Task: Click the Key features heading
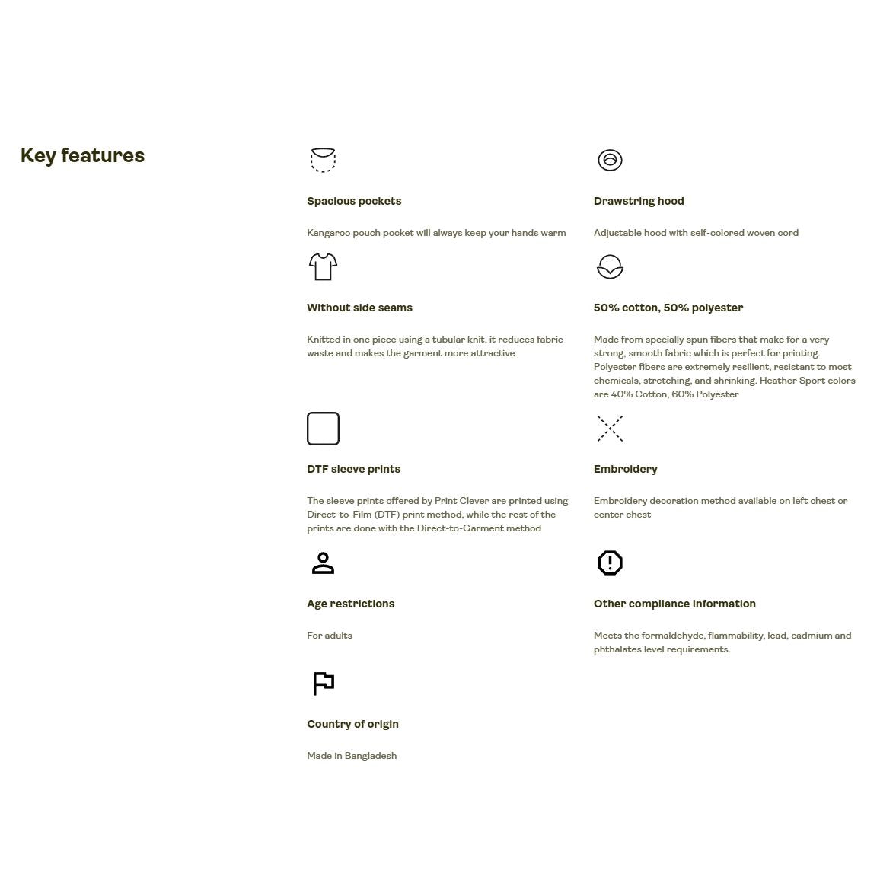[82, 155]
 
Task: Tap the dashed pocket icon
[323, 160]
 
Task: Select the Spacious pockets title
[354, 201]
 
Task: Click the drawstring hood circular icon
[610, 160]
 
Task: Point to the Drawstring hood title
[639, 201]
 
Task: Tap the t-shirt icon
[323, 266]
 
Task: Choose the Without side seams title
[359, 308]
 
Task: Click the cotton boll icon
[610, 266]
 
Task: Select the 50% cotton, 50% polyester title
[668, 308]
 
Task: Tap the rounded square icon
[323, 429]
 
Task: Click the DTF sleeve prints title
[353, 469]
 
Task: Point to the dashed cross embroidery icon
[610, 429]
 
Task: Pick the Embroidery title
[625, 469]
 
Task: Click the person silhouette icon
[323, 563]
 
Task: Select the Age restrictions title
[350, 604]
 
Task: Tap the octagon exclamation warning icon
[610, 563]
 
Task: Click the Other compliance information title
[674, 604]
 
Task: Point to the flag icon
[323, 683]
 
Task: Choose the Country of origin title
[352, 724]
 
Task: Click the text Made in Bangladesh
[352, 756]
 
